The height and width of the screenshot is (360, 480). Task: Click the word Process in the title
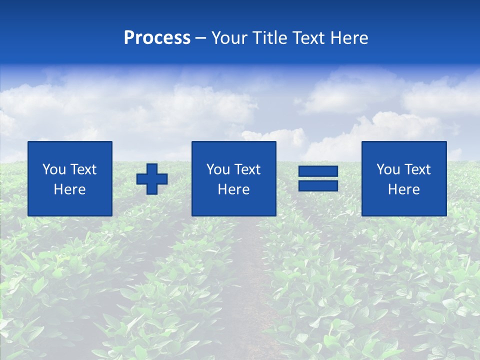click(157, 38)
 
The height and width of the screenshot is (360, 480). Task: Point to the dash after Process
click(200, 38)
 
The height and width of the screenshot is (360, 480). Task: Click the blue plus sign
click(152, 179)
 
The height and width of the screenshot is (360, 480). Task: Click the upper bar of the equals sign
click(318, 171)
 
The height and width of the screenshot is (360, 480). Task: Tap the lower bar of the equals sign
click(318, 185)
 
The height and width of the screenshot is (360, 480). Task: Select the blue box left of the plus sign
click(70, 178)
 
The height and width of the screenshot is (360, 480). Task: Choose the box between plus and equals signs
click(233, 178)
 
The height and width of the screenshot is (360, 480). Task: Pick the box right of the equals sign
click(404, 178)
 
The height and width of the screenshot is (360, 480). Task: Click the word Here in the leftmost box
click(69, 189)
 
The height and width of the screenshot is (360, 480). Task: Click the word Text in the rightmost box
click(417, 169)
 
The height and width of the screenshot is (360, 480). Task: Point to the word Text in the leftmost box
click(83, 169)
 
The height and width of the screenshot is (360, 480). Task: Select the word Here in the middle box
click(233, 189)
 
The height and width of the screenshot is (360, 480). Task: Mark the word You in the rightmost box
click(388, 169)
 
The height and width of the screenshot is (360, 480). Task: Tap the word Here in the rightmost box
click(403, 189)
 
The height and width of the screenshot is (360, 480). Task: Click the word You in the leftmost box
click(54, 169)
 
